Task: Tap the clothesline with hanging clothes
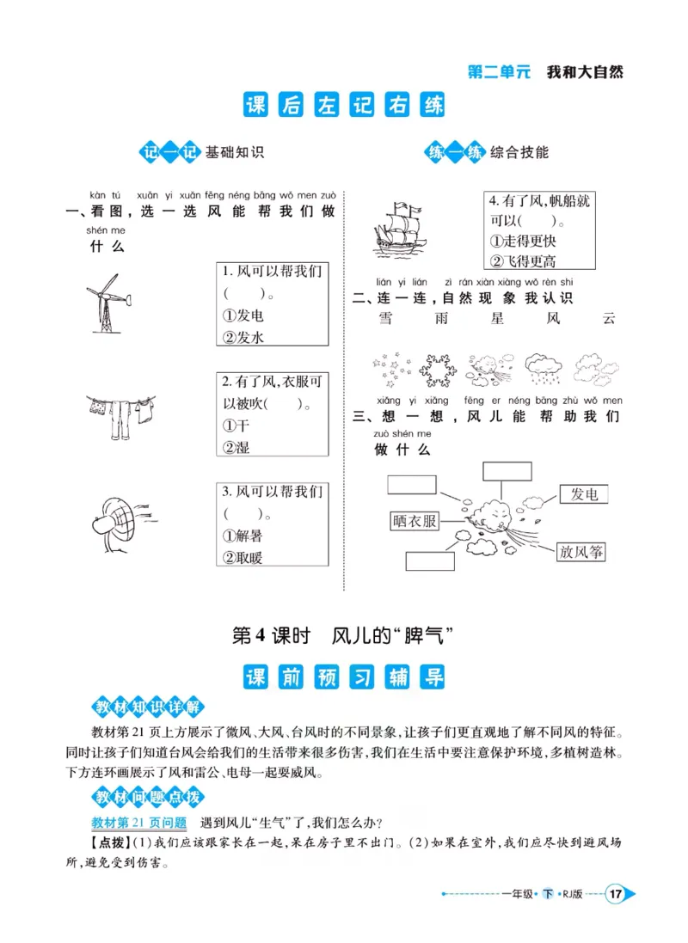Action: tap(120, 412)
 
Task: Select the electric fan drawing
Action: tap(120, 520)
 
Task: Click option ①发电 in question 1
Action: tap(243, 315)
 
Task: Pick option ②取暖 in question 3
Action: tap(243, 557)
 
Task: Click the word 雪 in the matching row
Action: tap(384, 320)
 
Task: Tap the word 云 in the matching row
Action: tap(610, 320)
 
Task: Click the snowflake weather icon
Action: tap(435, 370)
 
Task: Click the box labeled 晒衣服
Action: tap(414, 521)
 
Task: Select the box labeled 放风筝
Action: tap(580, 552)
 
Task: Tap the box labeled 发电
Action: tap(584, 493)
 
